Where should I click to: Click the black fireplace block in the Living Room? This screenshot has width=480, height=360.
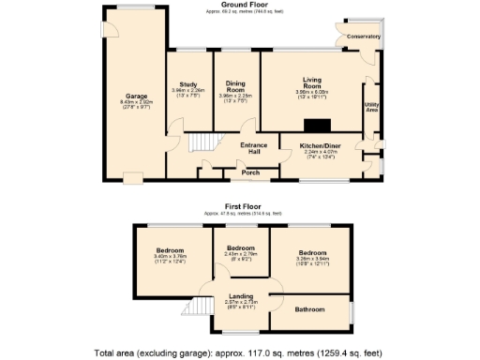320,125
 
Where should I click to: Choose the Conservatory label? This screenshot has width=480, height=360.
364,37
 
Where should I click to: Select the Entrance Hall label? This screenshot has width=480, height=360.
253,148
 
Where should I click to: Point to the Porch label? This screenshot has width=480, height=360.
250,172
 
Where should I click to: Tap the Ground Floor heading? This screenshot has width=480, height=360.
240,5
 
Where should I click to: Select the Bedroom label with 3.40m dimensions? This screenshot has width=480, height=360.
170,251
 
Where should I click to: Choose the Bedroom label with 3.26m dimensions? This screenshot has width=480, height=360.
312,253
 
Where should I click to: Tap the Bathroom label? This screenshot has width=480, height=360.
308,309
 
